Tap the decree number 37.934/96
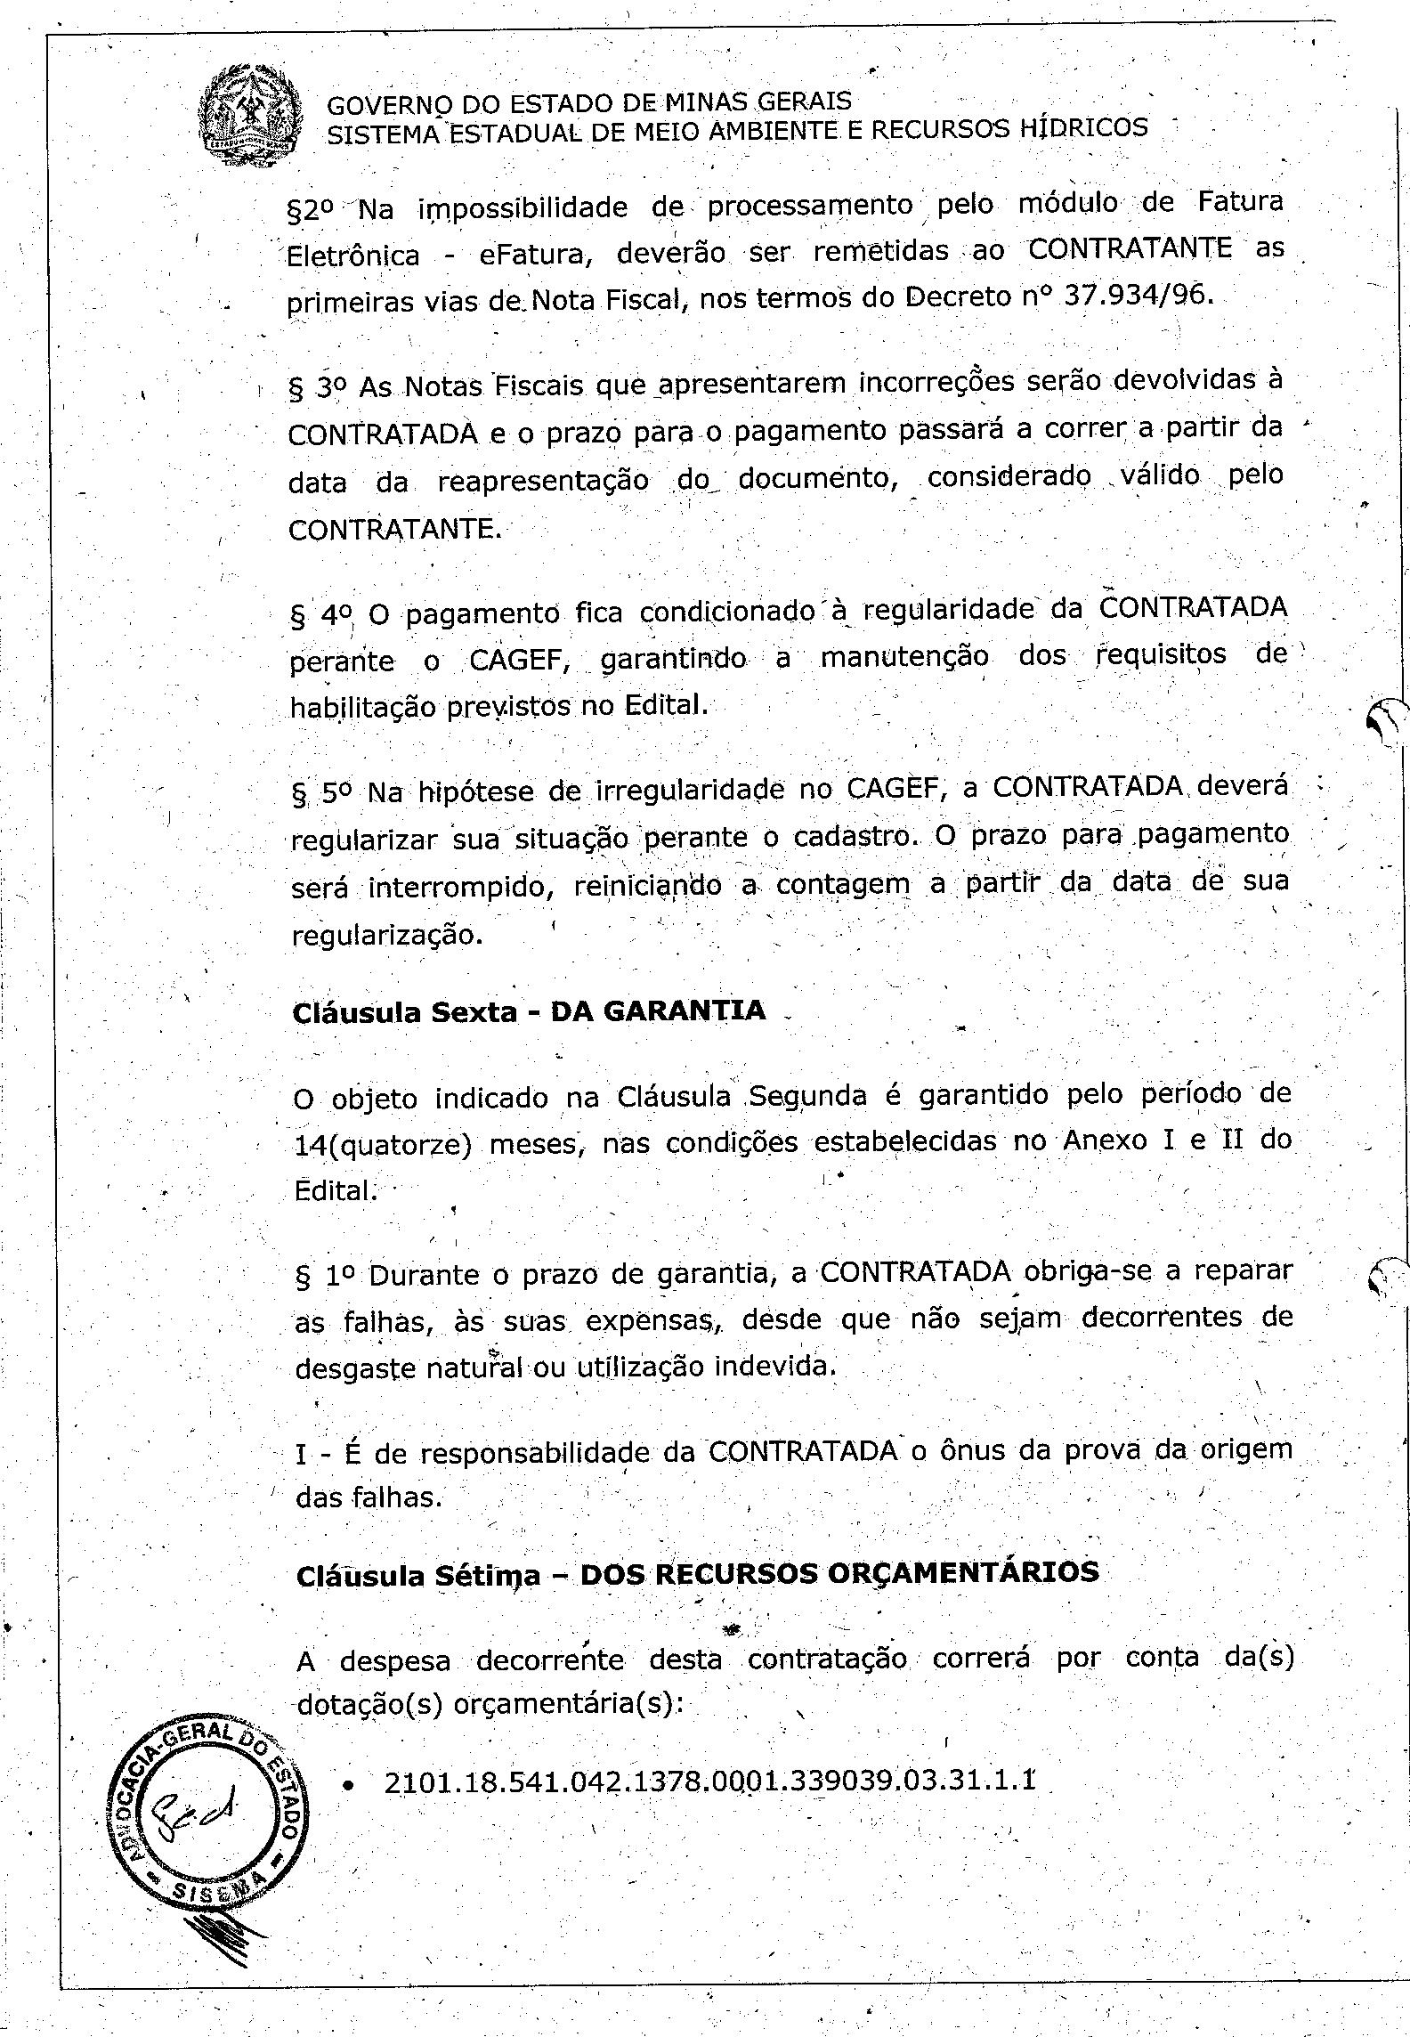click(1139, 295)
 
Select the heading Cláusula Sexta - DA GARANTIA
click(529, 1011)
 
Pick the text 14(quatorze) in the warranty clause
click(382, 1144)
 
